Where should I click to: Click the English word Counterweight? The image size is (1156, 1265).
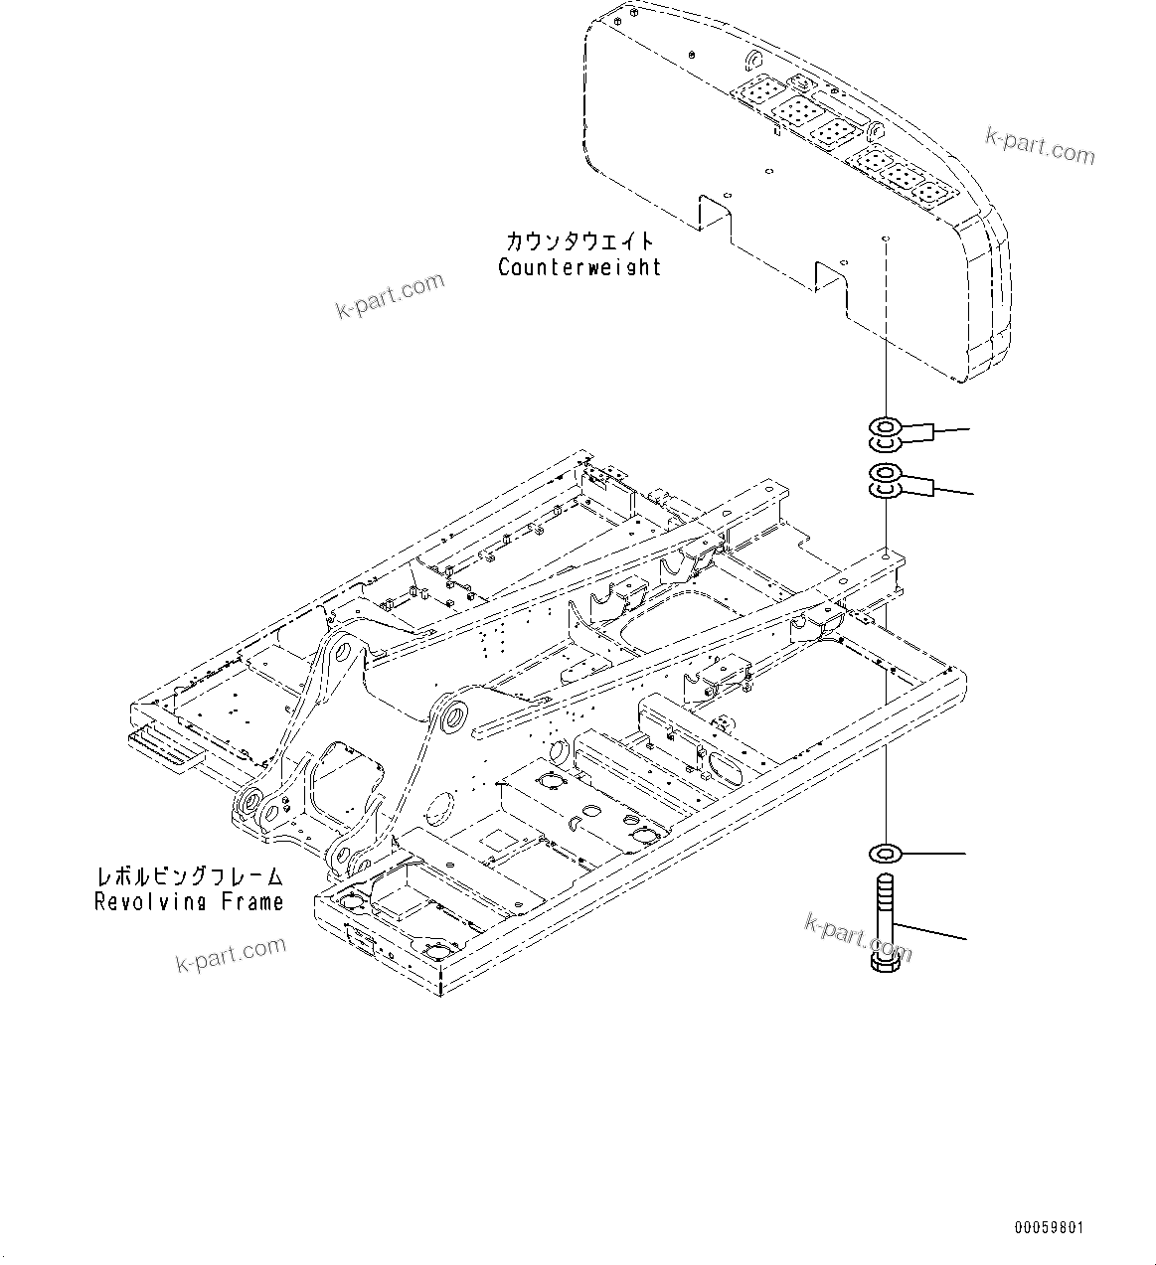coord(579,267)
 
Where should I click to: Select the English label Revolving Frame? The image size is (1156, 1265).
coord(189,901)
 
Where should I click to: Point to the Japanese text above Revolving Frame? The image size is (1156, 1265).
coord(189,876)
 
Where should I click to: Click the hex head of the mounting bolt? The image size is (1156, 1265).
coord(888,959)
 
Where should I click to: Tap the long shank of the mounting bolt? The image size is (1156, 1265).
coord(888,909)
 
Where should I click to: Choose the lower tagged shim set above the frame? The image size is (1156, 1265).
coord(888,481)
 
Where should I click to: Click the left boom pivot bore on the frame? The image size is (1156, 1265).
coord(344,652)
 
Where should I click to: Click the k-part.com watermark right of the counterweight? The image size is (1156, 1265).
coord(1040,145)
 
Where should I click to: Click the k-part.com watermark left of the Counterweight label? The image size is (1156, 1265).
coord(390,296)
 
